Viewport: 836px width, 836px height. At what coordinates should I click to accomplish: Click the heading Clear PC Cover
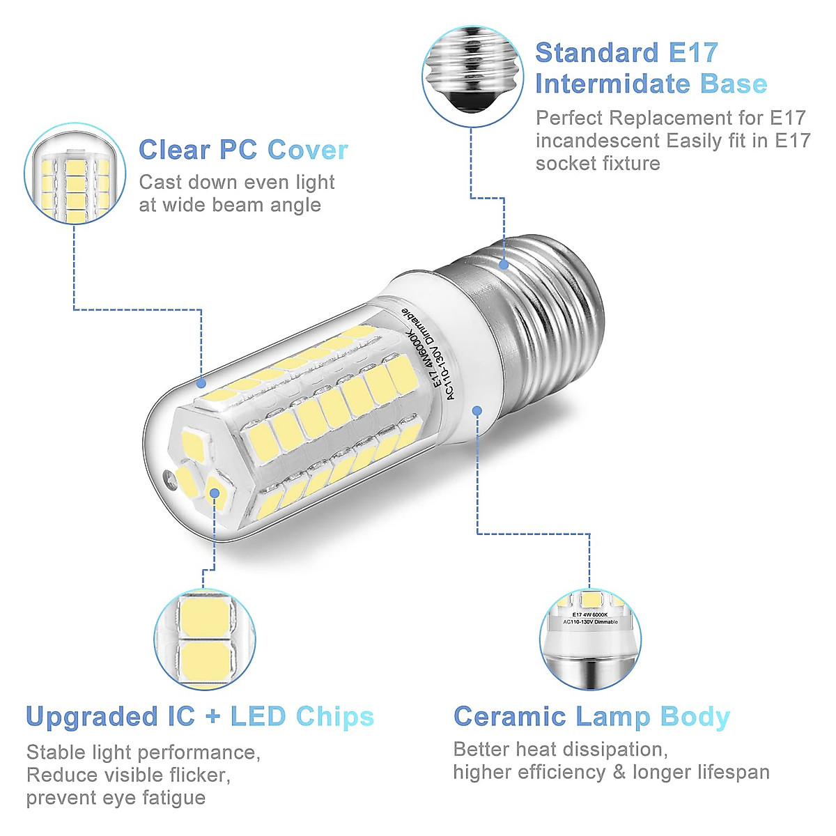243,150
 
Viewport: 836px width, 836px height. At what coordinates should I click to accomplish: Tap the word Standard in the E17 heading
597,53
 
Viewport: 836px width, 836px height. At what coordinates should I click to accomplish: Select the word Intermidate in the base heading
612,84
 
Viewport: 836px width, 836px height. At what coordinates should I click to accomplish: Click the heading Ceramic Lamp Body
591,716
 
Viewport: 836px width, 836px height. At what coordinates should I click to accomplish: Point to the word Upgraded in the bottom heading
92,717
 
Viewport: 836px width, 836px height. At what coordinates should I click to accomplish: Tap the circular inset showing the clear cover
75,174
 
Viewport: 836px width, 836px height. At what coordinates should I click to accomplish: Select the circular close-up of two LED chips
204,639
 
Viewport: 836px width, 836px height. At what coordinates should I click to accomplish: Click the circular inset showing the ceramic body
591,640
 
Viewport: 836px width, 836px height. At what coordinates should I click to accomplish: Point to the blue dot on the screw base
504,265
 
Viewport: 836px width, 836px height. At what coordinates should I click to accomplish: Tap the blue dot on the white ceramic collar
477,410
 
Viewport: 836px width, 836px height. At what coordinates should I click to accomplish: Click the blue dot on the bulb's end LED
215,493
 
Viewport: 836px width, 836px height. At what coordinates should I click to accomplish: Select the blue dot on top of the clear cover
201,382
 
